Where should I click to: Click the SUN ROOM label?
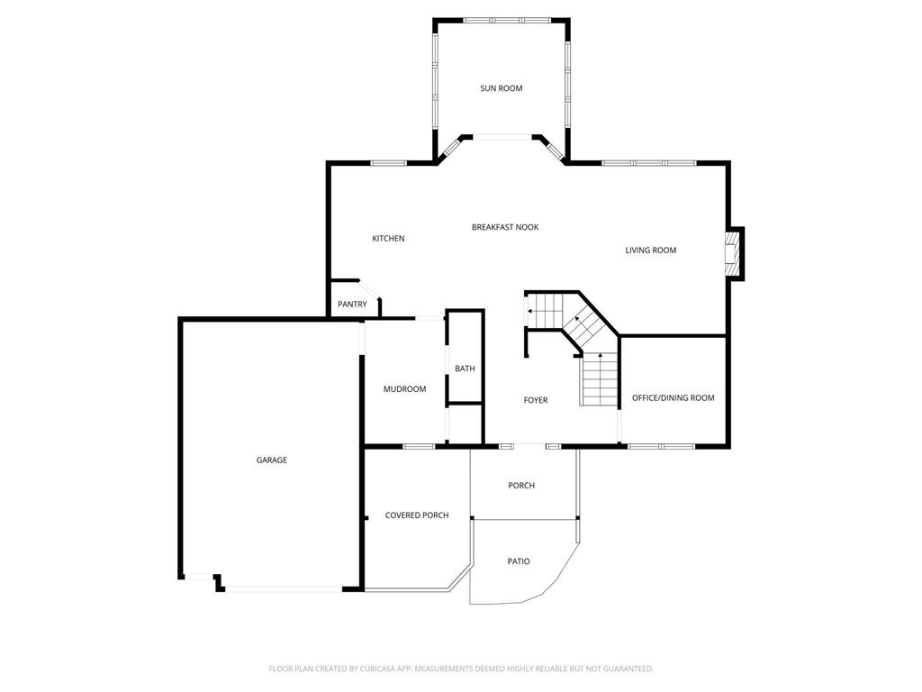501,88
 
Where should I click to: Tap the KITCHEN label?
388,238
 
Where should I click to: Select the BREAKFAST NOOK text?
505,227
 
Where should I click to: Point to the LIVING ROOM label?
650,250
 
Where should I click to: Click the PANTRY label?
352,305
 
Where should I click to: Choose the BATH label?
465,369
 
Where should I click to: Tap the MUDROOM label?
404,389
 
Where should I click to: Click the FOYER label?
536,400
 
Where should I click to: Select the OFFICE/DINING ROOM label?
673,397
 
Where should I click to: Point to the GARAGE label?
272,460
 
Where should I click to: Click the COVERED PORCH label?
417,515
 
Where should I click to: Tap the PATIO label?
519,561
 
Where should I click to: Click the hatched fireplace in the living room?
731,253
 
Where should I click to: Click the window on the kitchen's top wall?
388,163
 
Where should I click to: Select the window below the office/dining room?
662,447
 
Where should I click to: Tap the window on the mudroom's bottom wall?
419,447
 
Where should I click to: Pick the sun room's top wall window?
508,21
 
